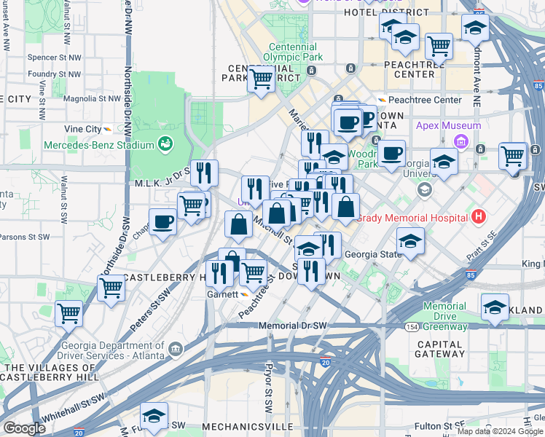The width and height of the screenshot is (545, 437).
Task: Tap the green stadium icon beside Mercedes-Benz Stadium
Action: (166, 144)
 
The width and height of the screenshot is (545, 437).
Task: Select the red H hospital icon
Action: (478, 216)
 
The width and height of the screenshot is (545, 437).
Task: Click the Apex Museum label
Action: (448, 125)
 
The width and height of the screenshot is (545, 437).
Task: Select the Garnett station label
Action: (221, 294)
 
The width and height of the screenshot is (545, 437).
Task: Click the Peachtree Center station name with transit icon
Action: (424, 100)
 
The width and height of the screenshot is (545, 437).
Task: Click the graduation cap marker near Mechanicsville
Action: (154, 417)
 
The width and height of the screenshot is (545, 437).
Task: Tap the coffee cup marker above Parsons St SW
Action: (162, 221)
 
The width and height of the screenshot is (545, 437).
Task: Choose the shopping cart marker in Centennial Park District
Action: (261, 79)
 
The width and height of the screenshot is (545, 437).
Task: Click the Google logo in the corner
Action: (24, 428)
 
